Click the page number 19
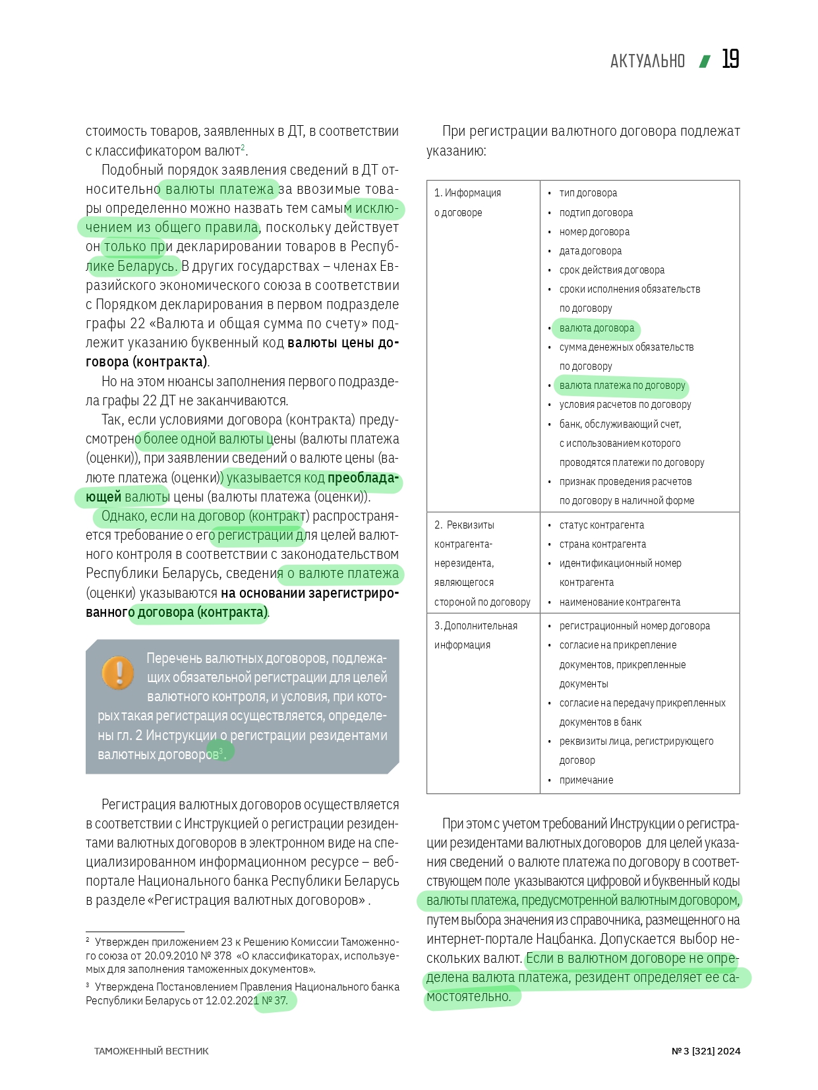[730, 59]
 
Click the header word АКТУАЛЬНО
[647, 61]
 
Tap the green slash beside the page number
[705, 61]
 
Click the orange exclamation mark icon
[119, 673]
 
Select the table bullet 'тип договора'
[588, 193]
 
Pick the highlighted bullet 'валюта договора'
[597, 328]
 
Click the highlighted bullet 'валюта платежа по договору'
[622, 386]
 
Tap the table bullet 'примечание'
[586, 780]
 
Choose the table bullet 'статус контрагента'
[601, 525]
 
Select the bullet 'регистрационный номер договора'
[634, 626]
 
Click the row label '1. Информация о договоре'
[467, 202]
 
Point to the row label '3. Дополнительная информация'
[475, 635]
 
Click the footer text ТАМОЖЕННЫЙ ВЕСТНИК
[151, 1051]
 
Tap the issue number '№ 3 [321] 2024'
[705, 1051]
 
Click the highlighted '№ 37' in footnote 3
[274, 1000]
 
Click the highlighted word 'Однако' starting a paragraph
[123, 516]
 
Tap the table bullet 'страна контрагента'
[602, 544]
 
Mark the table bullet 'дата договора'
[590, 251]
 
